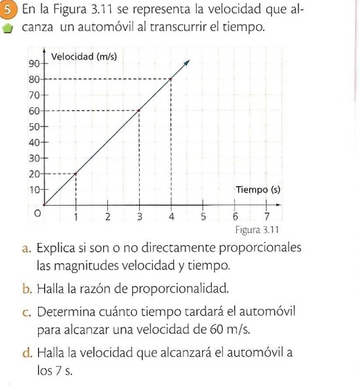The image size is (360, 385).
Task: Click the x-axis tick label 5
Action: click(x=204, y=217)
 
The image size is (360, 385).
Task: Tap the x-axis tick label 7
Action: click(x=267, y=217)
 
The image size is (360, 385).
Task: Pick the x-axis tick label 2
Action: click(x=108, y=217)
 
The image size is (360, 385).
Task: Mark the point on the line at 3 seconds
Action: click(x=140, y=110)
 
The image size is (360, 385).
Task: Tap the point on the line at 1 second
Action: click(x=75, y=173)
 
